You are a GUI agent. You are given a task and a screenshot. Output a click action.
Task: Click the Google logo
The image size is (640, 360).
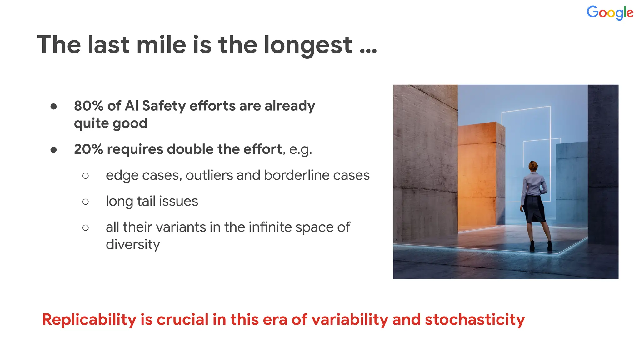pyautogui.click(x=610, y=13)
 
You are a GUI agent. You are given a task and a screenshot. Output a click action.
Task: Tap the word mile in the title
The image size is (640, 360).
pyautogui.click(x=161, y=45)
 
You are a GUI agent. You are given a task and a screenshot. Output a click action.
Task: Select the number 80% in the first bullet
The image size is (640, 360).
pyautogui.click(x=88, y=106)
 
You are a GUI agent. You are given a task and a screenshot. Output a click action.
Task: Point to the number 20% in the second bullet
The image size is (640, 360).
pyautogui.click(x=88, y=149)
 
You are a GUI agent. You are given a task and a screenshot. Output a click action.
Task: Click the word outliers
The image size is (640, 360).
pyautogui.click(x=209, y=175)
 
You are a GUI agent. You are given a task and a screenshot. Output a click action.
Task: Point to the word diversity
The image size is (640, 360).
pyautogui.click(x=133, y=245)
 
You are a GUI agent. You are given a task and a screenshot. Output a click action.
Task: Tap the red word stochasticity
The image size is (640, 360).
pyautogui.click(x=475, y=320)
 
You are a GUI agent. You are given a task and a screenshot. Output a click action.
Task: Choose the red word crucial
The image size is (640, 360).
pyautogui.click(x=182, y=320)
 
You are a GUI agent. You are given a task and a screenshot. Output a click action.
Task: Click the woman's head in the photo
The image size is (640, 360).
pyautogui.click(x=533, y=166)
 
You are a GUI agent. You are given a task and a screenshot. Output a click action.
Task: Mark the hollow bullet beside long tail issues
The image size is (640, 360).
pyautogui.click(x=85, y=202)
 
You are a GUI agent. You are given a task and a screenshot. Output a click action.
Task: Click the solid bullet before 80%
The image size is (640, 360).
pyautogui.click(x=54, y=107)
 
